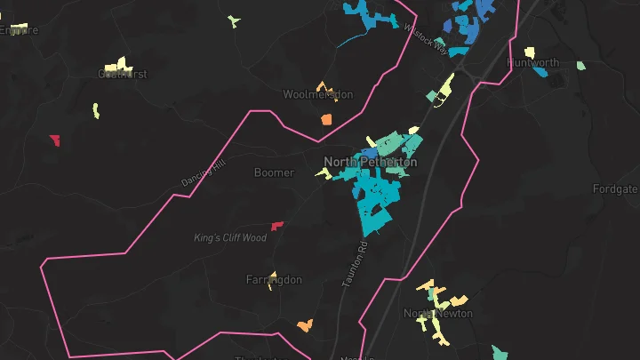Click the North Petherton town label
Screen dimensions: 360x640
(x=370, y=162)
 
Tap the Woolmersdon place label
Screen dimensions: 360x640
(x=318, y=94)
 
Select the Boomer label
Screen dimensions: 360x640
(x=274, y=172)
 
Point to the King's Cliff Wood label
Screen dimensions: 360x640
(x=230, y=238)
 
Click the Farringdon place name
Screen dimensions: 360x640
(x=274, y=280)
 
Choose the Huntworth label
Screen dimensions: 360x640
(x=533, y=63)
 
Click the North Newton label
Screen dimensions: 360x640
(x=438, y=314)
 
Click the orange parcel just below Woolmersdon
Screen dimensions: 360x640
(x=326, y=118)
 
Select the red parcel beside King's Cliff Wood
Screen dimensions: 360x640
(x=277, y=226)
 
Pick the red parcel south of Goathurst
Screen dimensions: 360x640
(x=55, y=140)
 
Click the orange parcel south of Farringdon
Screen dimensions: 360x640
(x=305, y=326)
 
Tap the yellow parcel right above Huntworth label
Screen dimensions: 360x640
(x=530, y=52)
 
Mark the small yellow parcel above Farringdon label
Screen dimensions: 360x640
(x=272, y=274)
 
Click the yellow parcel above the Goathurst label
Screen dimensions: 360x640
(x=116, y=65)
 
